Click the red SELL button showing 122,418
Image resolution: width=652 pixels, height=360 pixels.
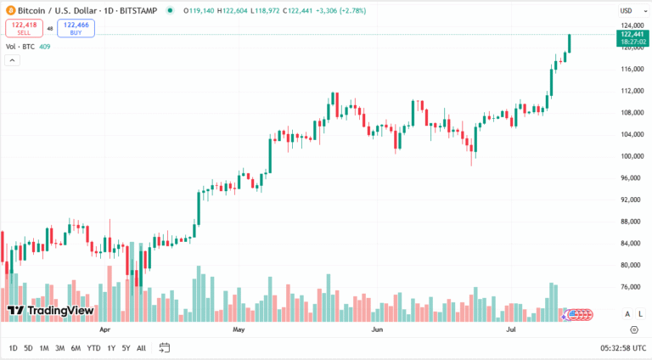coord(24,28)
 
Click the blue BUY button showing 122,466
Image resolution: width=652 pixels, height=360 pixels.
coord(76,28)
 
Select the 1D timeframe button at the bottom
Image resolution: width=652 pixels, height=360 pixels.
coord(13,348)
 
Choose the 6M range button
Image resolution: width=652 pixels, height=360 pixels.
coord(76,348)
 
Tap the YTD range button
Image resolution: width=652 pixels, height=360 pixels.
coord(93,348)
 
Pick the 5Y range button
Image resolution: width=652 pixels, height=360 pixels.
coord(126,348)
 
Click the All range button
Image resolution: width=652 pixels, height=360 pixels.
coord(141,348)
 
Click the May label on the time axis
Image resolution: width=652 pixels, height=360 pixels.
coord(239,328)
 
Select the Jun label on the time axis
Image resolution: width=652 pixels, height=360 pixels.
coord(377,328)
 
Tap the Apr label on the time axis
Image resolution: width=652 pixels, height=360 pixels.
coord(105,328)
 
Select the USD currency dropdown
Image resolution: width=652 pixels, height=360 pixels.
coord(627,10)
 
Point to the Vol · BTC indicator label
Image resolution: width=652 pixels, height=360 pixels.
coord(20,46)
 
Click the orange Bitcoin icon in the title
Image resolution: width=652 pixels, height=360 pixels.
coord(9,10)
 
